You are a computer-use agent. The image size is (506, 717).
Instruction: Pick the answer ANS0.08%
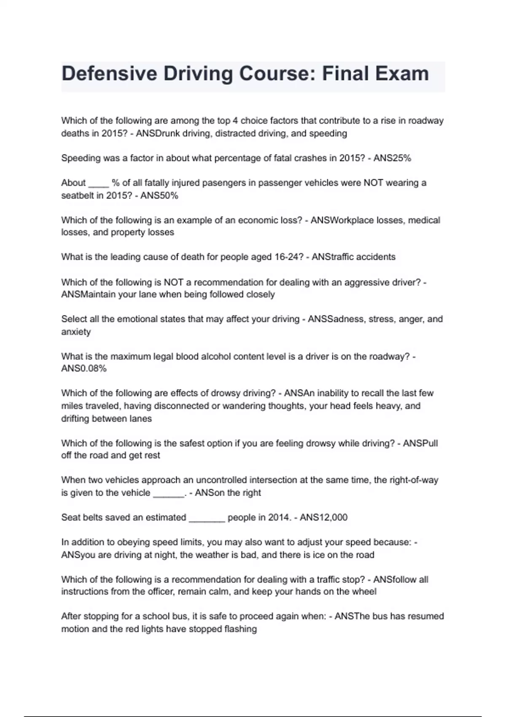click(x=84, y=369)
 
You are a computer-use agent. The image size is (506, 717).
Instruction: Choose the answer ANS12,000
click(x=323, y=518)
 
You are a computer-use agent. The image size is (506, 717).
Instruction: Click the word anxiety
click(x=76, y=332)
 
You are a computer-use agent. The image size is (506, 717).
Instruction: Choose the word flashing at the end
click(x=240, y=629)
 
